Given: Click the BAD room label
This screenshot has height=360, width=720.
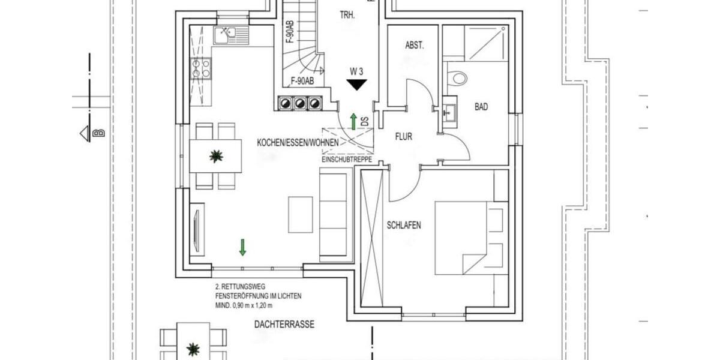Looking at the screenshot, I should coord(481,107).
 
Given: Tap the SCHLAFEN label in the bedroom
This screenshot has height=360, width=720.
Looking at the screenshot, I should coord(404,226).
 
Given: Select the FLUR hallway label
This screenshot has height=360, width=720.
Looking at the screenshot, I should coord(403,137).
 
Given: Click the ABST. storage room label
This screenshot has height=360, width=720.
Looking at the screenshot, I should coord(415,45).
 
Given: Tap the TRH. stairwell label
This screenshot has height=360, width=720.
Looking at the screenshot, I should coord(347,16).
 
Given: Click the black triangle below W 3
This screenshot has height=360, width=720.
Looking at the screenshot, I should coord(357,85).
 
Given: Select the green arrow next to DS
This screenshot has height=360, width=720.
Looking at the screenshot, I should coord(354,120).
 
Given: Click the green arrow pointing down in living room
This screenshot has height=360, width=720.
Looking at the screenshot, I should coord(242,247).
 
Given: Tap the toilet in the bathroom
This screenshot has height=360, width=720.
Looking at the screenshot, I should coord(458,77).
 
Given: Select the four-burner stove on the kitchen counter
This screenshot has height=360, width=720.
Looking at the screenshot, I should coord(201,68).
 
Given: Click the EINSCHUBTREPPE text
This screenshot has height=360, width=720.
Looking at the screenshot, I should coord(347,160).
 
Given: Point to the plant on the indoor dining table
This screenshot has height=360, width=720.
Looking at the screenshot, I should coord(216,157).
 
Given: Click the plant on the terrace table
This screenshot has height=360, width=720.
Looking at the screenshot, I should coord(193,347).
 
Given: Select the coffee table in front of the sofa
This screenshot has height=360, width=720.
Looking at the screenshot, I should coord(301,214).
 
